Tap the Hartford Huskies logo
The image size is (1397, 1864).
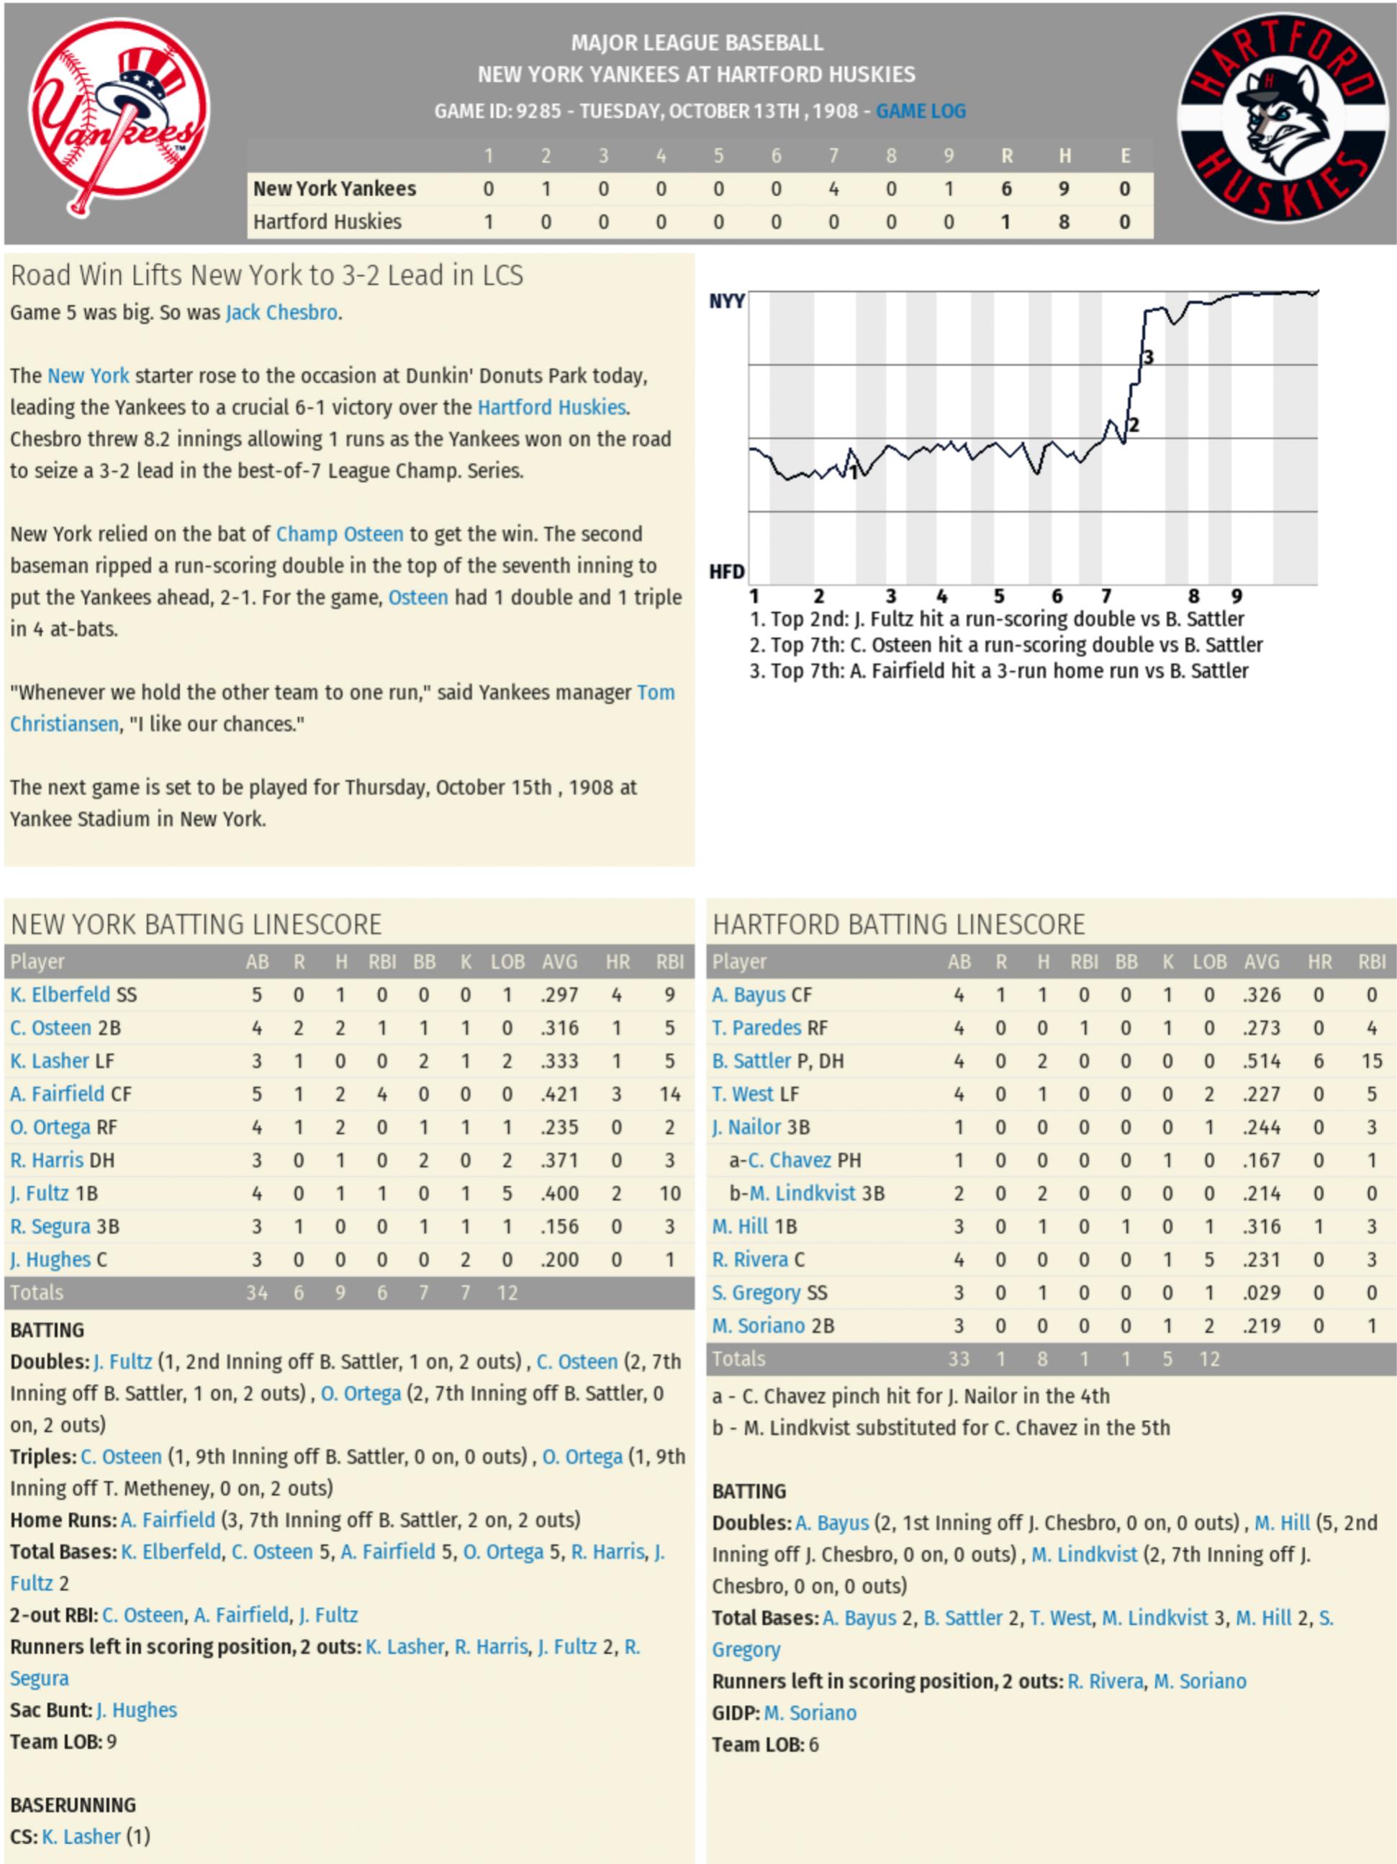(1282, 117)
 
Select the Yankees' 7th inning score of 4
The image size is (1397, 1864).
(833, 189)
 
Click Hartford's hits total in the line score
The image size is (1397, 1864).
(1064, 222)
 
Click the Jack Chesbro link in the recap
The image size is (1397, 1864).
(281, 312)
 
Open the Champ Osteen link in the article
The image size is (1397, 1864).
(340, 534)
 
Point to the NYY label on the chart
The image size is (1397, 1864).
(726, 302)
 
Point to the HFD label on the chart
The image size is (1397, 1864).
(726, 572)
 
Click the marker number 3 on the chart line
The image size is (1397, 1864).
(1147, 358)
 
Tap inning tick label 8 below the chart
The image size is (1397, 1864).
(1193, 597)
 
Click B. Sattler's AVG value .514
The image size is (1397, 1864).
(1262, 1061)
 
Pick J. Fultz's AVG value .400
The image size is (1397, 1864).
(559, 1193)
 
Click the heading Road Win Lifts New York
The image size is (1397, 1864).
(266, 276)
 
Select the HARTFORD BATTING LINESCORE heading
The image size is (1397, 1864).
(898, 924)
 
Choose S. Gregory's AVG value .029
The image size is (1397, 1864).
(1262, 1292)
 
